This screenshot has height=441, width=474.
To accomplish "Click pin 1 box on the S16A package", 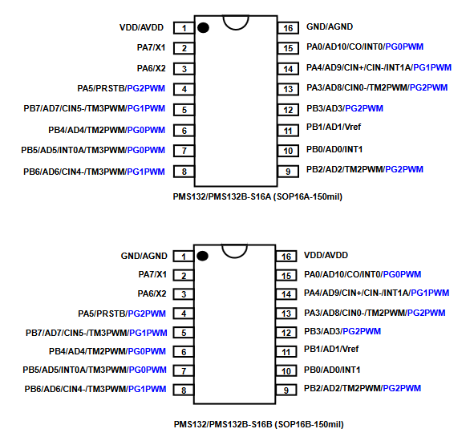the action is tap(184, 28).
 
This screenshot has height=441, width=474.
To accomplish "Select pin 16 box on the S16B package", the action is tap(286, 257).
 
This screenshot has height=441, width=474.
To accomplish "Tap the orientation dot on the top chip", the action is tap(203, 28).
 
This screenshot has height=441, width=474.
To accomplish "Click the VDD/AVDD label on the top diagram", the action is tap(141, 27).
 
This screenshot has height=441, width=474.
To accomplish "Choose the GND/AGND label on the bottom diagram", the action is tap(144, 256).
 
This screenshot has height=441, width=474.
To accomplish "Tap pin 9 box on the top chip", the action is tap(288, 172).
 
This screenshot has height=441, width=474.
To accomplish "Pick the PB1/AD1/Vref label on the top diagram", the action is tap(334, 127).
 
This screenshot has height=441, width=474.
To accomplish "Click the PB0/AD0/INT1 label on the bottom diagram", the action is tap(332, 370).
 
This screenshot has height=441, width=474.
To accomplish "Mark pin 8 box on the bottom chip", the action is tap(184, 390).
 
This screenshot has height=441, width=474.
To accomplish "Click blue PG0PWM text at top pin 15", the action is tap(404, 47).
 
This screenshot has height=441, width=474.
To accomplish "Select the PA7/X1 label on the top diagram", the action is tap(151, 48).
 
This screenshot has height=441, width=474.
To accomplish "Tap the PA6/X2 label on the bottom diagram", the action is tap(152, 293).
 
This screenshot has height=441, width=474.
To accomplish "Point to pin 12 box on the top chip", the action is tap(288, 110).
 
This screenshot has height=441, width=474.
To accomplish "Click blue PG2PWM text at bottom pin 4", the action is tap(147, 314).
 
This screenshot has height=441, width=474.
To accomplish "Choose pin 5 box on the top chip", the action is tap(184, 110).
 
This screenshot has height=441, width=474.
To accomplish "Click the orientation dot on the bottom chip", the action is tap(202, 256).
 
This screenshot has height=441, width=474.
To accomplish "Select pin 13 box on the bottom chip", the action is tap(286, 314).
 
